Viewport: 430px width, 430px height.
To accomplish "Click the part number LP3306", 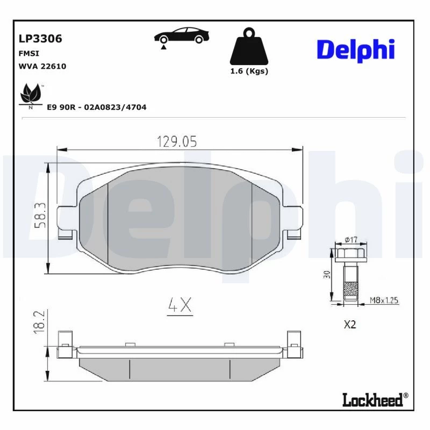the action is click(x=40, y=39).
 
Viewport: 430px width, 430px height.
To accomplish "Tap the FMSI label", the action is click(x=29, y=53).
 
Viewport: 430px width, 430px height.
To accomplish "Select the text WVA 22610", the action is click(x=42, y=66).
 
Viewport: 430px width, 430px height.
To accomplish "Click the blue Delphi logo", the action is click(x=356, y=51).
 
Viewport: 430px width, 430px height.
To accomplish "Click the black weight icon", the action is click(x=249, y=46).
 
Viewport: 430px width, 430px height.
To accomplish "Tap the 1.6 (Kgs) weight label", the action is click(x=249, y=71).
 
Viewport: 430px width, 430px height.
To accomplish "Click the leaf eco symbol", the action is click(x=31, y=96).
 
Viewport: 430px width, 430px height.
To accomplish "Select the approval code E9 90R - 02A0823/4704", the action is click(x=97, y=107).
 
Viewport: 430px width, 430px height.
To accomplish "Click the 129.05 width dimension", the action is click(x=177, y=141).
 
